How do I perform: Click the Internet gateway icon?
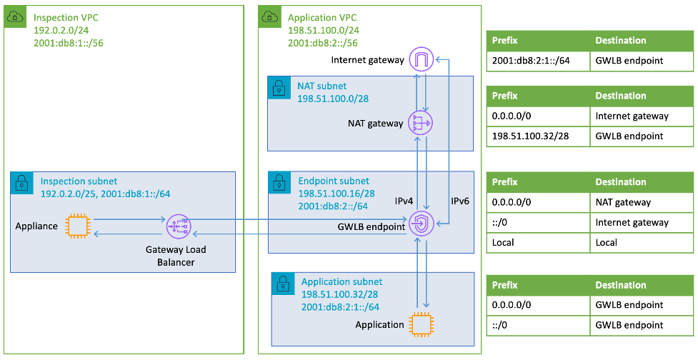tap(421, 60)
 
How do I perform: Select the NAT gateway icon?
tap(421, 123)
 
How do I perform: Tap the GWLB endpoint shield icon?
tap(421, 226)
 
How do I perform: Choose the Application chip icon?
tap(421, 324)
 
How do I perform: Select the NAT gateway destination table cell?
tap(622, 202)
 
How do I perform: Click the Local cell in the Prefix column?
tap(504, 242)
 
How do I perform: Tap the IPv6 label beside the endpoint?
tap(459, 202)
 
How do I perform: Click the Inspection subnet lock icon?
tap(22, 182)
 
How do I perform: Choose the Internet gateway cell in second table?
tap(631, 116)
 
